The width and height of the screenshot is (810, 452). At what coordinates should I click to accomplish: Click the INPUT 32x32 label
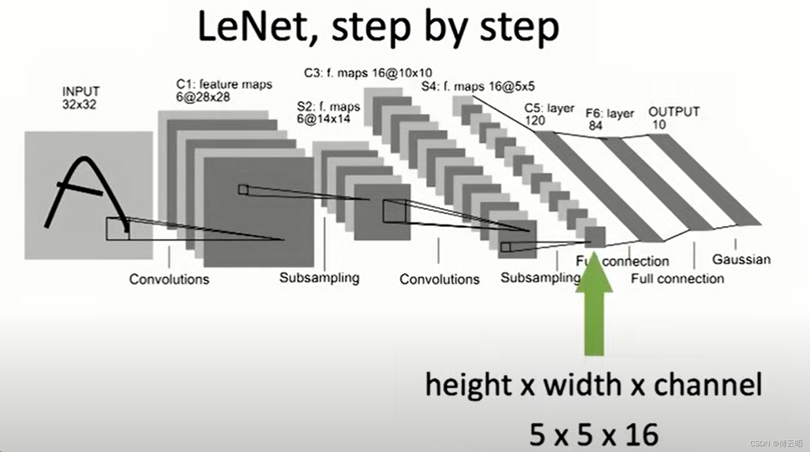[x=80, y=98]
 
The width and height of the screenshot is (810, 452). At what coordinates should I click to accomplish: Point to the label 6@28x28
[x=203, y=97]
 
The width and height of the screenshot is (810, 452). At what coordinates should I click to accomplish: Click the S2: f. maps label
[x=329, y=107]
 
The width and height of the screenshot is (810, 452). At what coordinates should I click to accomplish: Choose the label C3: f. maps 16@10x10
[x=368, y=73]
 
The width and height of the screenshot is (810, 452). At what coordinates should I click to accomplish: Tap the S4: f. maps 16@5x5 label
[x=478, y=86]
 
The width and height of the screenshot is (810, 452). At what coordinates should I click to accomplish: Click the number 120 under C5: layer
[x=535, y=120]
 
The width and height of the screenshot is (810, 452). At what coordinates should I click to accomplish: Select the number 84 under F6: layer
[x=595, y=126]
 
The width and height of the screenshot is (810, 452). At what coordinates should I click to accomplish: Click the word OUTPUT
[x=674, y=112]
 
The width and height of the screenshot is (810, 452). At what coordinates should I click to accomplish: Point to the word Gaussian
[x=741, y=259]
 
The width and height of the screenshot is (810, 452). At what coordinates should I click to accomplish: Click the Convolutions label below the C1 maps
[x=169, y=279]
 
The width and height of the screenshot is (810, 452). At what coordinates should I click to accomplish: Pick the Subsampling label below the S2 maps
[x=319, y=278]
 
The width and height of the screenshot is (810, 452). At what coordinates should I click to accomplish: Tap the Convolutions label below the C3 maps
[x=439, y=279]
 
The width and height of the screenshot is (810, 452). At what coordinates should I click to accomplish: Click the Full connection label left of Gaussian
[x=677, y=279]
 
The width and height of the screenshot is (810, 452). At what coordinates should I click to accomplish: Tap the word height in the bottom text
[x=468, y=385]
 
